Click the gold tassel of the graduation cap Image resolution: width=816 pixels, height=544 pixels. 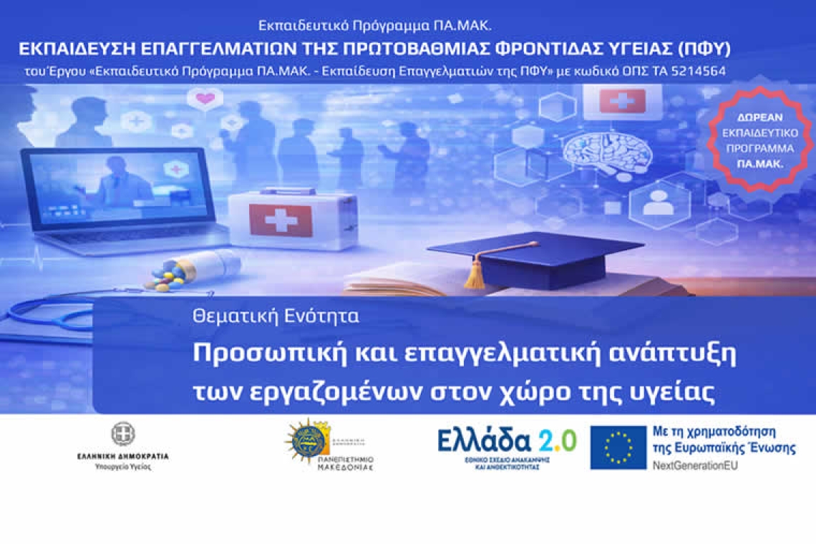click(x=475, y=274)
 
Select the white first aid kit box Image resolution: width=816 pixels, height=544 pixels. click(x=292, y=218)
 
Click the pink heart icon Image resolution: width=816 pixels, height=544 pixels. click(x=205, y=98)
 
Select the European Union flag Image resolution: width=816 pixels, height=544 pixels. click(x=618, y=447)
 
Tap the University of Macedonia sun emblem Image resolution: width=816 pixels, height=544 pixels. click(x=308, y=440)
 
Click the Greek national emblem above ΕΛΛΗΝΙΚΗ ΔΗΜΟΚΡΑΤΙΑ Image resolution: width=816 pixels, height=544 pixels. click(x=122, y=434)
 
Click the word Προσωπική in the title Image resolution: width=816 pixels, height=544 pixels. click(x=261, y=354)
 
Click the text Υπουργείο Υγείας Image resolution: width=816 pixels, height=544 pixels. click(x=122, y=466)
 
